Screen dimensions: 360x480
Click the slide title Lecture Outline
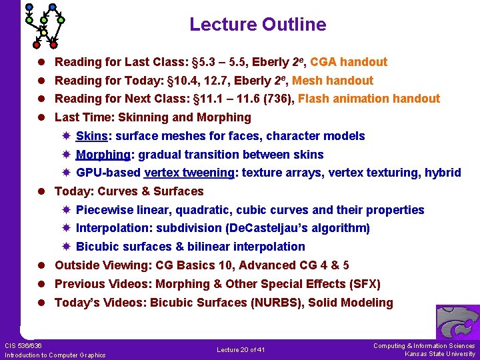(257, 25)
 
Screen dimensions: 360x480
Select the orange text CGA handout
(349, 62)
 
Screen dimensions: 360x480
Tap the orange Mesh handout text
(333, 81)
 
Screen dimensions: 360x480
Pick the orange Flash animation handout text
(369, 99)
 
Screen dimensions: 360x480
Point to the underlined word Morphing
(103, 155)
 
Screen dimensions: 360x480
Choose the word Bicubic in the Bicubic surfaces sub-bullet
(97, 247)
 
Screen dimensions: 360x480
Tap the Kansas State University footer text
(440, 354)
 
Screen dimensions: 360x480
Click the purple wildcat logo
(457, 322)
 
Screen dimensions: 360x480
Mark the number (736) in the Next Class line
(279, 99)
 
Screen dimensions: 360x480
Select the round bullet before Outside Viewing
(42, 265)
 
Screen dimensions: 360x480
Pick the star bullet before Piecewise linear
(66, 210)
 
